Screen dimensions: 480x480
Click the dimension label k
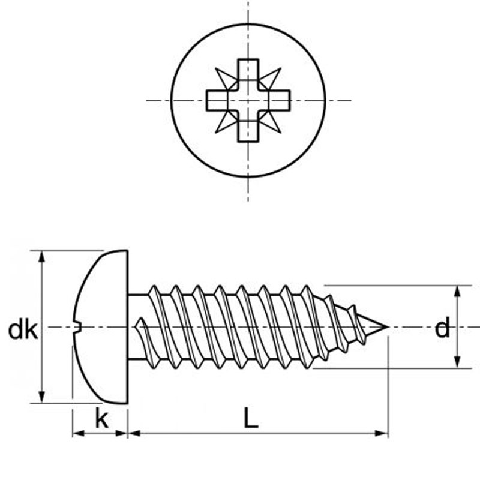click(x=102, y=419)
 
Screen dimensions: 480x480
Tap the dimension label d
click(x=442, y=328)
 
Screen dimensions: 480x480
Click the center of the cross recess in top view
click(x=248, y=100)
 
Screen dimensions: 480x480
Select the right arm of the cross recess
click(x=280, y=100)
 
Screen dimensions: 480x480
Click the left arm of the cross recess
click(x=217, y=100)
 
